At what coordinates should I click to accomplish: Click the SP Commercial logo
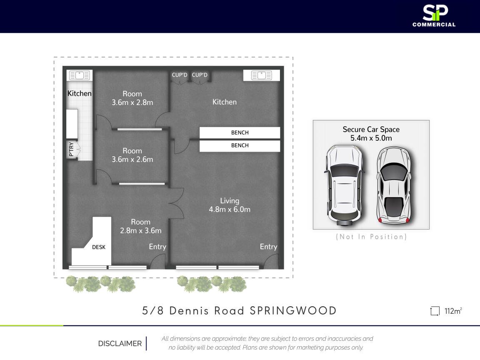pos(434,16)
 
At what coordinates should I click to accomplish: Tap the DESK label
pos(99,247)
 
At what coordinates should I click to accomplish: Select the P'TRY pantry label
pos(71,149)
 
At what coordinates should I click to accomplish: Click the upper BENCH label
pos(240,132)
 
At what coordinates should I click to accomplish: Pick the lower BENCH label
pos(240,145)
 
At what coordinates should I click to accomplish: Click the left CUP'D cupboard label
pos(180,75)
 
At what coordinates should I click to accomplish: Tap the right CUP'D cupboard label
pos(200,75)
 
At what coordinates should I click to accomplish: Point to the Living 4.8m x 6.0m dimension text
pos(230,205)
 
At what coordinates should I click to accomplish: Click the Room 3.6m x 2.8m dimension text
pos(132,98)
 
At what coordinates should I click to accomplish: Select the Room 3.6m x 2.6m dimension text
pos(132,155)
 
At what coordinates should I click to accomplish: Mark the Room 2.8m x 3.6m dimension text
pos(140,226)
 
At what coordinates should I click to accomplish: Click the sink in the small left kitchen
pos(80,75)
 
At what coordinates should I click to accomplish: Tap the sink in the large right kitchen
pos(261,75)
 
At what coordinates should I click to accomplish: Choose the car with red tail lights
pos(394,185)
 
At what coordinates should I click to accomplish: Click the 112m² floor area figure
pos(453,311)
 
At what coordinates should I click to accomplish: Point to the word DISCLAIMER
pos(120,343)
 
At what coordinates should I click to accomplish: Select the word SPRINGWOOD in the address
pos(293,311)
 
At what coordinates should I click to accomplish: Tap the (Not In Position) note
pos(371,237)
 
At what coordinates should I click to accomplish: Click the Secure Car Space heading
pos(371,130)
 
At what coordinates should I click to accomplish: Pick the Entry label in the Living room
pos(268,247)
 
